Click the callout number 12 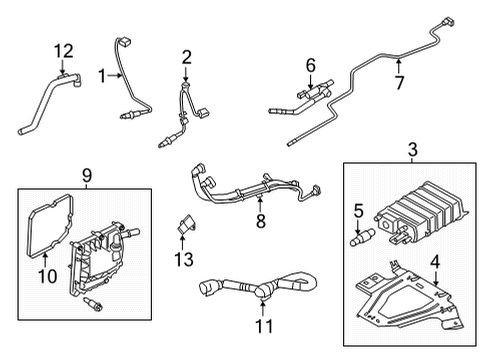click(64, 51)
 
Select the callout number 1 click(101, 75)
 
